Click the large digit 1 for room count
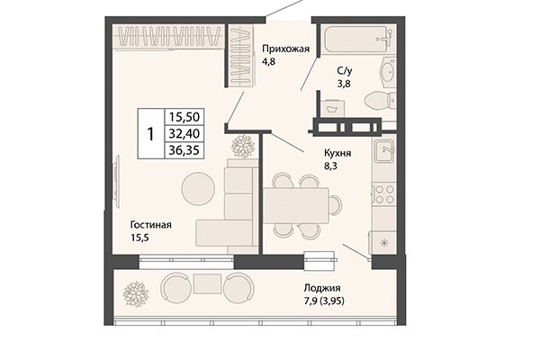coord(150,133)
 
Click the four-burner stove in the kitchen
coord(384,193)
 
